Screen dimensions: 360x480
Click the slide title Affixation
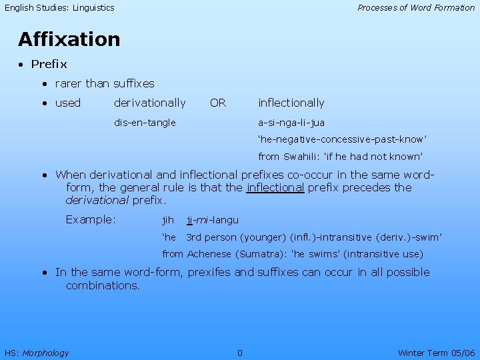69,39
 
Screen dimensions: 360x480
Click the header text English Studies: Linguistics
60,8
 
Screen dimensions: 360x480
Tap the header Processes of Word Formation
416,8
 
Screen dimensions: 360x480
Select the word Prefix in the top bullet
49,65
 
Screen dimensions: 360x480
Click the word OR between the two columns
218,103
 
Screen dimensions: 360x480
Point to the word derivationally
150,103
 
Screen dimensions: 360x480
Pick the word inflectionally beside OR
291,103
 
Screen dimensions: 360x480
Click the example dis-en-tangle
145,123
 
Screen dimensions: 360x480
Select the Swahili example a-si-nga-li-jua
291,123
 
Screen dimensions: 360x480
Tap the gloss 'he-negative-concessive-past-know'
342,140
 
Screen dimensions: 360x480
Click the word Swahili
305,157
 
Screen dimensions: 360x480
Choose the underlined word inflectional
275,187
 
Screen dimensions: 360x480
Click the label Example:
91,220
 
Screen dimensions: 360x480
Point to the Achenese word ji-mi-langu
212,220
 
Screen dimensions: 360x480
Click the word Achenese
209,254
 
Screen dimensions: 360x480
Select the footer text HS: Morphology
37,353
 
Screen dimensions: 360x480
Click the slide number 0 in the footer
240,353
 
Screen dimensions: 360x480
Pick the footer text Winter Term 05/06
436,353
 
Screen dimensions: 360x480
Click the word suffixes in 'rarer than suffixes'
133,84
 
